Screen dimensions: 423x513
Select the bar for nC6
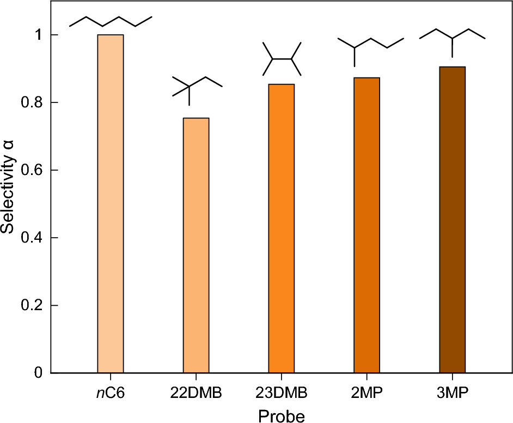click(111, 204)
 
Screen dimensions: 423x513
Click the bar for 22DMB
click(196, 245)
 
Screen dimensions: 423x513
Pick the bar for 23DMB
click(282, 228)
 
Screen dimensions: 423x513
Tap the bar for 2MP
click(367, 225)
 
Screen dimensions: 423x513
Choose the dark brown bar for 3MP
click(452, 220)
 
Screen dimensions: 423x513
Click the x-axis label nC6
click(111, 392)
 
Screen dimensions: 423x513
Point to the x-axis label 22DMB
click(196, 392)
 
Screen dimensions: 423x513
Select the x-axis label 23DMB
click(282, 392)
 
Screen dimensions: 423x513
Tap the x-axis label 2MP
click(367, 392)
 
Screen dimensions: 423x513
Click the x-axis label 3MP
click(452, 392)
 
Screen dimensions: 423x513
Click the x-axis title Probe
click(281, 415)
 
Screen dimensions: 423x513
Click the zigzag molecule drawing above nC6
click(111, 21)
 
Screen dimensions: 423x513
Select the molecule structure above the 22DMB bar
click(197, 87)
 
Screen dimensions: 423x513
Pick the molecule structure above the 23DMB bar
click(282, 58)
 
